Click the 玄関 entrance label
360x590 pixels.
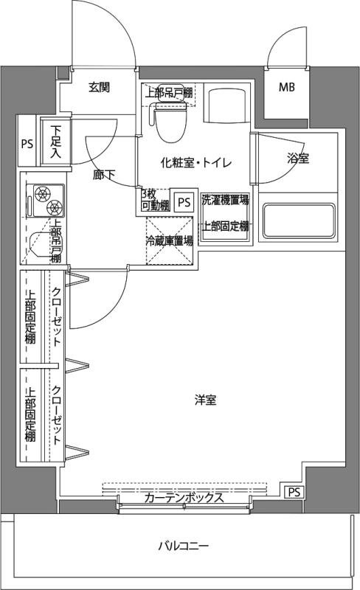tap(100, 87)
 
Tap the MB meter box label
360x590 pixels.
tap(286, 88)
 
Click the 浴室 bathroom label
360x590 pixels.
tap(298, 158)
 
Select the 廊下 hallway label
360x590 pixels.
tap(103, 176)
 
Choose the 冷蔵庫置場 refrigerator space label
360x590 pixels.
tap(169, 240)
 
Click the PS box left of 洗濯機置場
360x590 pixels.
tap(184, 201)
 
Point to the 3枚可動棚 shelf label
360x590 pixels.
tap(155, 199)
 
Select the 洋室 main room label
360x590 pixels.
tap(205, 400)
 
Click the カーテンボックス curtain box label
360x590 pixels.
tap(184, 498)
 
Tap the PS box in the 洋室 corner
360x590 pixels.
tap(294, 492)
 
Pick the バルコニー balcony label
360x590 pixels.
tap(184, 546)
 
